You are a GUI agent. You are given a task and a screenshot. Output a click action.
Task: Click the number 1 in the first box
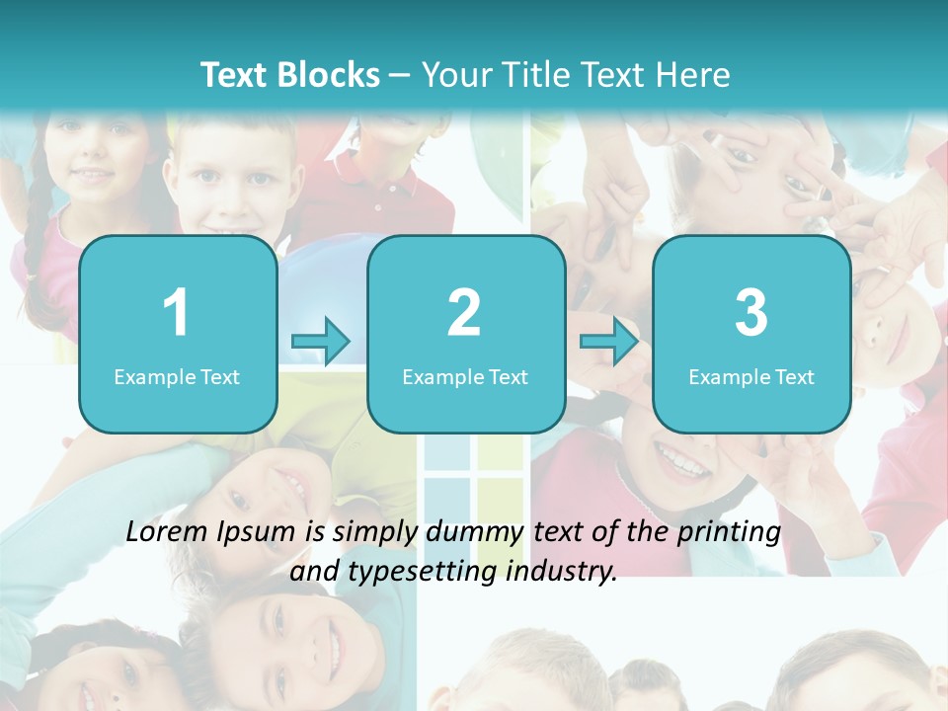click(176, 313)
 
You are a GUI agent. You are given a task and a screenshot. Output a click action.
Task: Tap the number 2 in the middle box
click(464, 313)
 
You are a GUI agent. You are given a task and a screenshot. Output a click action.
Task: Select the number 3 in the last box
click(751, 313)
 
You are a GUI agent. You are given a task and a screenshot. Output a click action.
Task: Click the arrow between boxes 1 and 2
click(321, 342)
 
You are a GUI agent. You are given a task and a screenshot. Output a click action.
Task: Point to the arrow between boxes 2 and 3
click(609, 342)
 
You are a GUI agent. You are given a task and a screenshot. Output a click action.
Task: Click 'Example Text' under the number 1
click(177, 376)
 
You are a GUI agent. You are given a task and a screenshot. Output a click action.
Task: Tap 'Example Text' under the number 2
click(465, 376)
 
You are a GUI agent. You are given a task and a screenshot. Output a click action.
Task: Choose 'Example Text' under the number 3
click(751, 376)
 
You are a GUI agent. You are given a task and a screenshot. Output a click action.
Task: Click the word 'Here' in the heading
click(691, 75)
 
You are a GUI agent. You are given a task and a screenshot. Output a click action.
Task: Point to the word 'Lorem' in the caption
click(168, 532)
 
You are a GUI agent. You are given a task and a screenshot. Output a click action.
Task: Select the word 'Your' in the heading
click(458, 75)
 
